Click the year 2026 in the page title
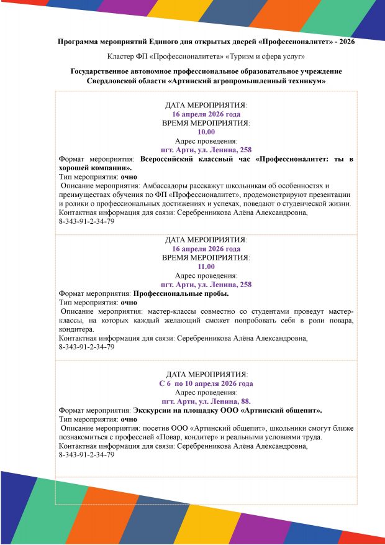tap(346, 42)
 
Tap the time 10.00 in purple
tap(206, 132)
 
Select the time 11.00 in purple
tap(206, 267)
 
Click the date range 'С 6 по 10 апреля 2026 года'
tap(206, 383)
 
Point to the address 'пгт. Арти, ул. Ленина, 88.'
tap(206, 401)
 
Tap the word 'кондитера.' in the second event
tap(74, 329)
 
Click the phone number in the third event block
tap(86, 456)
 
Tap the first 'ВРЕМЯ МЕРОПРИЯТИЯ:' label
tap(206, 123)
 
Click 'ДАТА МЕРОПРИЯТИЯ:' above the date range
tap(206, 375)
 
